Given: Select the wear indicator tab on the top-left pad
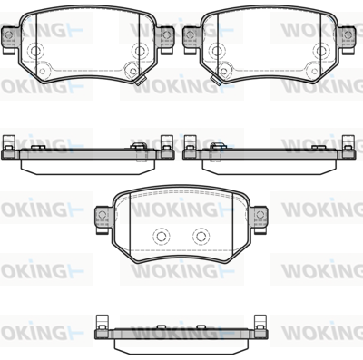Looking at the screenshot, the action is (x=141, y=81).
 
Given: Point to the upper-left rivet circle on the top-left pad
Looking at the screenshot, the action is (x=35, y=51).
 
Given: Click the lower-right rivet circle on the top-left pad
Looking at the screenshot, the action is (x=132, y=71).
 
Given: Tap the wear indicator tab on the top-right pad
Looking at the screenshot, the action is (x=216, y=81).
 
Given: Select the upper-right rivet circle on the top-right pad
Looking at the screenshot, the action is (x=320, y=51).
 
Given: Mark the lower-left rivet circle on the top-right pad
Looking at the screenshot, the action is (x=223, y=71).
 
